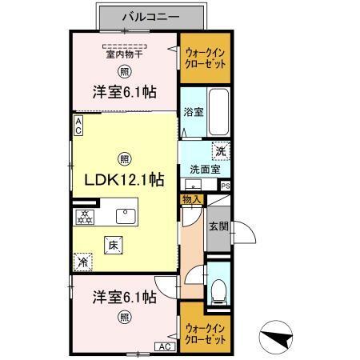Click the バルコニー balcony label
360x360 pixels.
151,15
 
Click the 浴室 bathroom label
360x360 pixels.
193,112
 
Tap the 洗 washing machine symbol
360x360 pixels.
218,150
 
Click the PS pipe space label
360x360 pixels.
225,186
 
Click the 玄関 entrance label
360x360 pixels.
218,226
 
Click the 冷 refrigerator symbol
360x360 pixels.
82,261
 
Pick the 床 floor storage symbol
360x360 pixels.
114,246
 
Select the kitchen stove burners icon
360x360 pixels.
85,217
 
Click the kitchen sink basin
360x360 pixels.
127,216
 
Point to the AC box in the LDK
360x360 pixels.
78,124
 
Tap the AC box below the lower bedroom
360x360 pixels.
163,346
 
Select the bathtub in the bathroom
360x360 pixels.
220,112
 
